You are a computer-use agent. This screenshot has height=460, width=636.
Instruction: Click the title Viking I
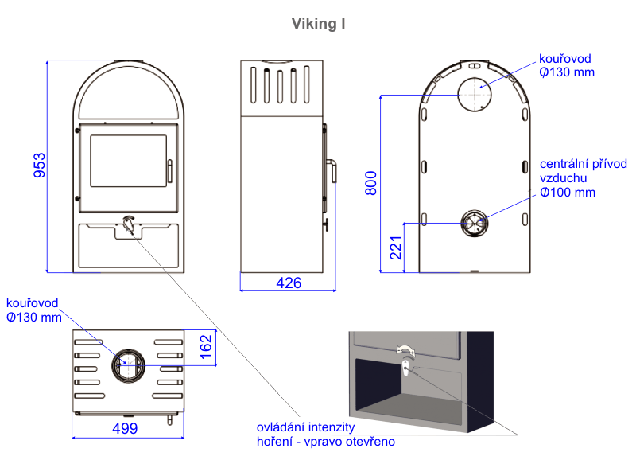tap(318, 24)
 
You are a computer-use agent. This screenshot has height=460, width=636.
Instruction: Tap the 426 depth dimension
tap(288, 283)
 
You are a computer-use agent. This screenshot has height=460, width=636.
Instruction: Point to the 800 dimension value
tap(370, 182)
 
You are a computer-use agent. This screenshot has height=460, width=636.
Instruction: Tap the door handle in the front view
tap(169, 170)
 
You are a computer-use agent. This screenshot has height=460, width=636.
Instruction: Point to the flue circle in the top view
tap(127, 365)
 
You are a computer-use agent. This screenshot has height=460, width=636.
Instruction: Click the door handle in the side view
tap(334, 170)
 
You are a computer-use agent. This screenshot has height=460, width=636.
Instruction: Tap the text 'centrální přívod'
tap(584, 164)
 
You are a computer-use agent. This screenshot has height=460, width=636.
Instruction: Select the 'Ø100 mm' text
tap(567, 193)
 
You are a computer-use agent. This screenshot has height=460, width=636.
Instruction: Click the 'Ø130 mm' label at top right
tap(566, 72)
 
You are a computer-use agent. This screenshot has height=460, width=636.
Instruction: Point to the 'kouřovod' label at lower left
tap(31, 303)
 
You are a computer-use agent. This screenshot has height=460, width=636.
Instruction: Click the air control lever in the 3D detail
tap(405, 368)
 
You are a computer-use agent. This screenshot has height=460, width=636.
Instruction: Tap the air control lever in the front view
tap(128, 224)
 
